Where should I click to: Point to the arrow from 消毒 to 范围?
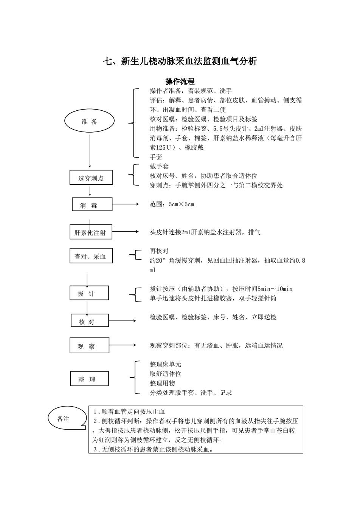point(125,204)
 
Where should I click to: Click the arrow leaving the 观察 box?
point(123,345)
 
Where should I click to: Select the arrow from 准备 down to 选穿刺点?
point(90,151)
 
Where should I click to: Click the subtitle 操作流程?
point(180,81)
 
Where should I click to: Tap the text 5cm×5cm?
point(181,204)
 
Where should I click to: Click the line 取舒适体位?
point(165,374)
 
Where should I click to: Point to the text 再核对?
point(159,251)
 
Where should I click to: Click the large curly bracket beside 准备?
point(133,123)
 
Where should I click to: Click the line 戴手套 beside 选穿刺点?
point(159,166)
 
